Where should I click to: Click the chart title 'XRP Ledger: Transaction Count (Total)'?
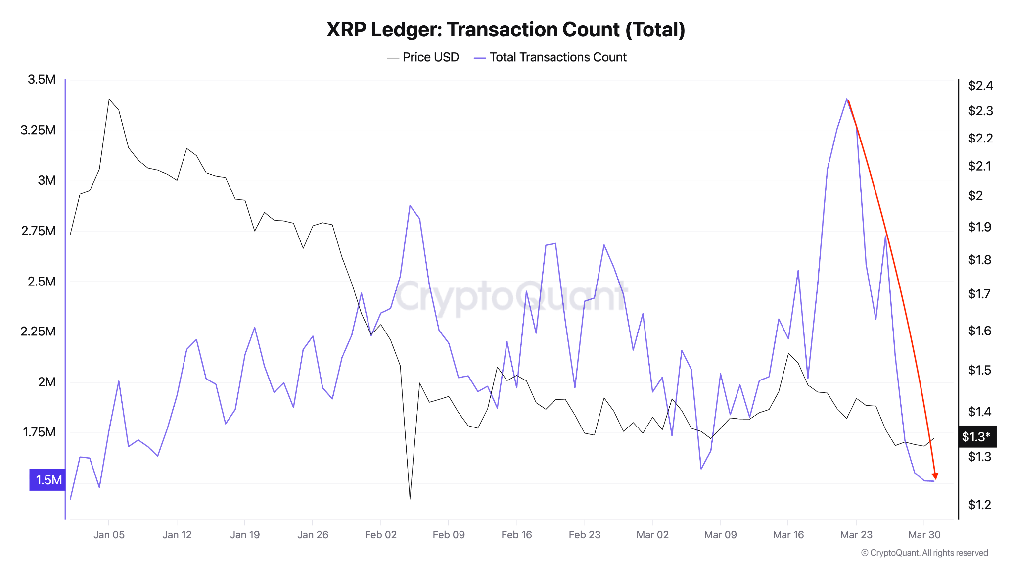point(506,30)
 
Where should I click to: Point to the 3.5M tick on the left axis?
point(42,80)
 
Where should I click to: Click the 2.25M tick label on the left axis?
point(38,332)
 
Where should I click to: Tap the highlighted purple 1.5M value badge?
point(47,479)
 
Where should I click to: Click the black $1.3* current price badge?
point(976,436)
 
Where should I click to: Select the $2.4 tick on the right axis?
point(980,86)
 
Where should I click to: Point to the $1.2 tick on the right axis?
point(979,505)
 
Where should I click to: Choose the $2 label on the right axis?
point(975,196)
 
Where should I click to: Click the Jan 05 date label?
point(109,535)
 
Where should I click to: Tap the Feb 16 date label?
point(516,535)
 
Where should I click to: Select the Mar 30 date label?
point(924,535)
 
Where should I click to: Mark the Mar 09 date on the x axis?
point(720,535)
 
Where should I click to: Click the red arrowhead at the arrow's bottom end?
point(935,476)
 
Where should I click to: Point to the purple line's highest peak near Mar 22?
point(847,99)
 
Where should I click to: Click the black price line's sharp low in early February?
point(410,498)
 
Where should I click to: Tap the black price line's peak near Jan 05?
point(109,99)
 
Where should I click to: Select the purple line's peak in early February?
point(410,206)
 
